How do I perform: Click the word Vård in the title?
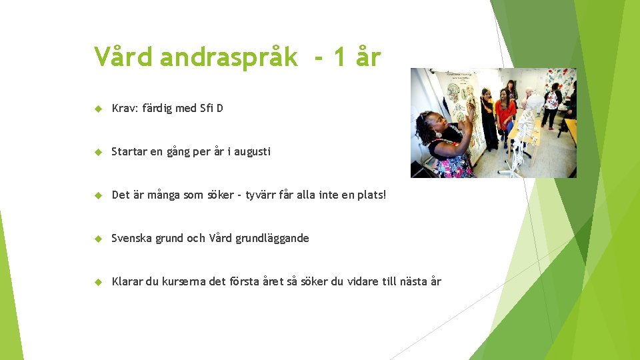(x=123, y=57)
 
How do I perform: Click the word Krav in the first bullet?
(x=125, y=108)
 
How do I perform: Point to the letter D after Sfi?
(x=219, y=108)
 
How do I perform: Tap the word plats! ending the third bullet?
(x=371, y=195)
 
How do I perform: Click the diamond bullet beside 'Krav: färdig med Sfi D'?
(x=97, y=109)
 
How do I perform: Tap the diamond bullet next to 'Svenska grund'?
(x=97, y=239)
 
